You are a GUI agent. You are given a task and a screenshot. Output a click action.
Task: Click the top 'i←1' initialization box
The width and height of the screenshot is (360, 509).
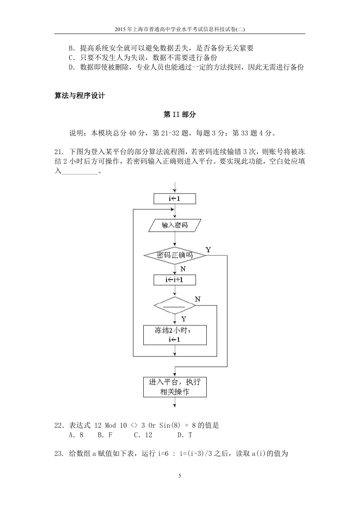175,199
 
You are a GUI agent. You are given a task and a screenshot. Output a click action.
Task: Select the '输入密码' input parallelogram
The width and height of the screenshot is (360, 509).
175,225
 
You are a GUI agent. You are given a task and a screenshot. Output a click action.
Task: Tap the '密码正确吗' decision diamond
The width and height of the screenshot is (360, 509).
175,255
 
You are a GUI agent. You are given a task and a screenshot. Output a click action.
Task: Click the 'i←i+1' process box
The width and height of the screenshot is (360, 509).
175,280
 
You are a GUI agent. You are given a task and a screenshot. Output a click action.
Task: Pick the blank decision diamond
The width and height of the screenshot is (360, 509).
175,305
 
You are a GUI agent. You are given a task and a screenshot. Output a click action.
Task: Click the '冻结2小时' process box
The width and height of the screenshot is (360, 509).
175,335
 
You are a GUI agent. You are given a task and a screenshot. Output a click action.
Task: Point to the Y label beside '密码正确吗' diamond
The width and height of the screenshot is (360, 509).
208,250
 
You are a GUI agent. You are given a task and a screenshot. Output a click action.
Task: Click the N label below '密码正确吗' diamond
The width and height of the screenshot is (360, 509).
183,269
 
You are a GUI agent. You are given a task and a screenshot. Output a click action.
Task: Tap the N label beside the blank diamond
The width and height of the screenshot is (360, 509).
198,299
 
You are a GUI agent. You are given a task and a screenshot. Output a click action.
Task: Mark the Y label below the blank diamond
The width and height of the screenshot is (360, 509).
184,319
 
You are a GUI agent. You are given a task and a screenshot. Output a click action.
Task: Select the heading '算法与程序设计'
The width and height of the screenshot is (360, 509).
80,96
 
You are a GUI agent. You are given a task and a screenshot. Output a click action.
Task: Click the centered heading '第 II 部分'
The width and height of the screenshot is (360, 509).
180,114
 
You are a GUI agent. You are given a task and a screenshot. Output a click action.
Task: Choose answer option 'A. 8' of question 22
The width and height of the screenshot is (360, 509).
76,435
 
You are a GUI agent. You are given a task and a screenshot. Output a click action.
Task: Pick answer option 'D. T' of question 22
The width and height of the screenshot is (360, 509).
185,435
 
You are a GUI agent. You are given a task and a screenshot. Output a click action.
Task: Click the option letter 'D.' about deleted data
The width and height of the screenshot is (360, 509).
72,67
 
